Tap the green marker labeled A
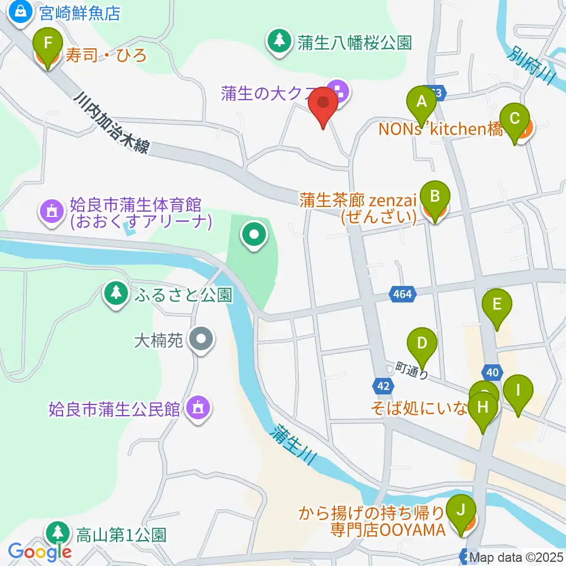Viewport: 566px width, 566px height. (421, 101)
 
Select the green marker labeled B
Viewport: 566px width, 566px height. (435, 197)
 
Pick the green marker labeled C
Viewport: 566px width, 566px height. (514, 119)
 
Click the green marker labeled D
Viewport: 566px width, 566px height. (422, 344)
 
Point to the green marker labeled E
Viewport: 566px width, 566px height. (496, 305)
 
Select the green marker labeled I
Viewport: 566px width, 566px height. (518, 391)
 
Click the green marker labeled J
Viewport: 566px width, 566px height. (462, 510)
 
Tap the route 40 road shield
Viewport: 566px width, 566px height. (492, 371)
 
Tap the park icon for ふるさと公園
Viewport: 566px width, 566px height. (116, 294)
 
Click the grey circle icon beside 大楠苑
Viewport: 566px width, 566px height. (202, 340)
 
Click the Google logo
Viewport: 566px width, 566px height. (40, 552)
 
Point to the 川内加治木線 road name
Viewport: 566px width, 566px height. (118, 123)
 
